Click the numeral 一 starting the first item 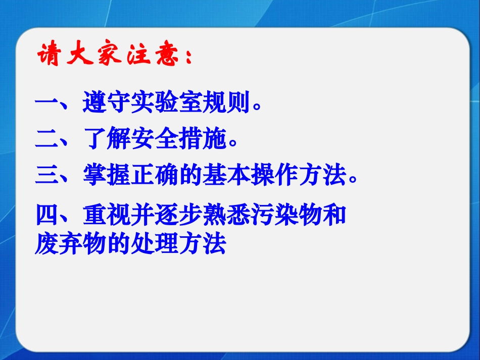(47, 104)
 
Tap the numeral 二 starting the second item (47, 140)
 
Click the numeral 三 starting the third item (47, 176)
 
